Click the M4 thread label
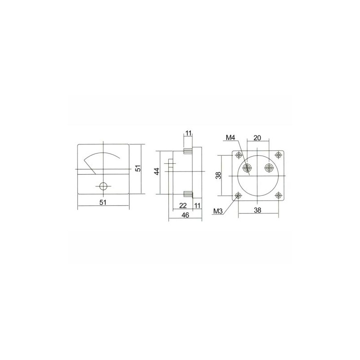pyautogui.click(x=230, y=138)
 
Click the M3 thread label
pyautogui.click(x=218, y=211)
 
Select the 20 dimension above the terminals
pyautogui.click(x=257, y=138)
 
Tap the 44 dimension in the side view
pyautogui.click(x=157, y=171)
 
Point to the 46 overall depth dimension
pyautogui.click(x=185, y=215)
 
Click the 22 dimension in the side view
pyautogui.click(x=183, y=206)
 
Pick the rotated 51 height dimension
pyautogui.click(x=138, y=168)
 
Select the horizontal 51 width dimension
pyautogui.click(x=103, y=202)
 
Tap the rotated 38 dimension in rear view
pyautogui.click(x=219, y=175)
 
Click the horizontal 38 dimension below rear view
pyautogui.click(x=257, y=210)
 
